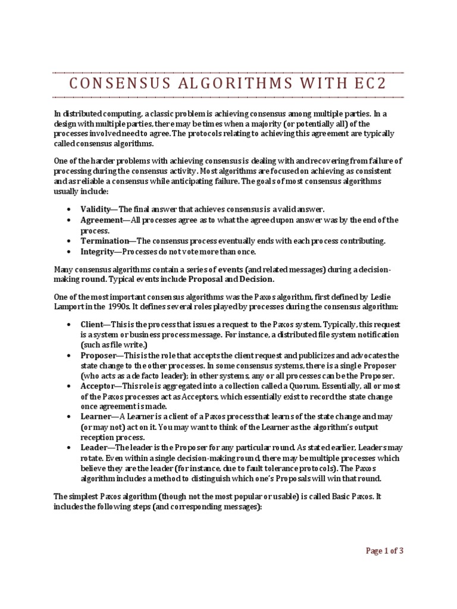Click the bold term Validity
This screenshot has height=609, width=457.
click(x=96, y=209)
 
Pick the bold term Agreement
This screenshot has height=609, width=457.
click(x=101, y=220)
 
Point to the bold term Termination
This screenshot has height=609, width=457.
click(x=105, y=241)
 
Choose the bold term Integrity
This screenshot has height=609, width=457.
click(x=96, y=252)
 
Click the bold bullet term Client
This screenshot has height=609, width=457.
click(x=92, y=325)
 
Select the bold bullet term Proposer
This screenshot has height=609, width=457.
click(x=97, y=356)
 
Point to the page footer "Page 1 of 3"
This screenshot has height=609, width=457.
click(x=384, y=551)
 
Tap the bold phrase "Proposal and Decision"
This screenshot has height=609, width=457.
click(x=231, y=279)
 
